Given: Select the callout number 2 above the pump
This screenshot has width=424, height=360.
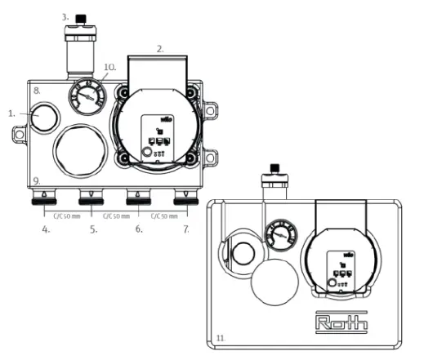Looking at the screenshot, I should [x=161, y=49].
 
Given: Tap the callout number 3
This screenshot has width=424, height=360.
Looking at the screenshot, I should [x=66, y=16].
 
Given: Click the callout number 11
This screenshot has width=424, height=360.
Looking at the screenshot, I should [x=220, y=336].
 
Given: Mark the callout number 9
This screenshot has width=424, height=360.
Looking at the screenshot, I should [x=36, y=180].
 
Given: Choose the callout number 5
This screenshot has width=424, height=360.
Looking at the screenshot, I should [x=94, y=229].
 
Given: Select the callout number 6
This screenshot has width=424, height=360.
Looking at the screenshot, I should [x=139, y=229].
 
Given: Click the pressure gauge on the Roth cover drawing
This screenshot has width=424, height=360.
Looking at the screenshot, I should [x=281, y=238].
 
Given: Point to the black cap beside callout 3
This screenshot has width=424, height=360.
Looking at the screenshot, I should [x=80, y=17].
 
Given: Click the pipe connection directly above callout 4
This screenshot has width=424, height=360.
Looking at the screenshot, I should [x=43, y=198].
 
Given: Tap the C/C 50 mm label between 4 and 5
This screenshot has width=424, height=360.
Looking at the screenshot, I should [x=66, y=216].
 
